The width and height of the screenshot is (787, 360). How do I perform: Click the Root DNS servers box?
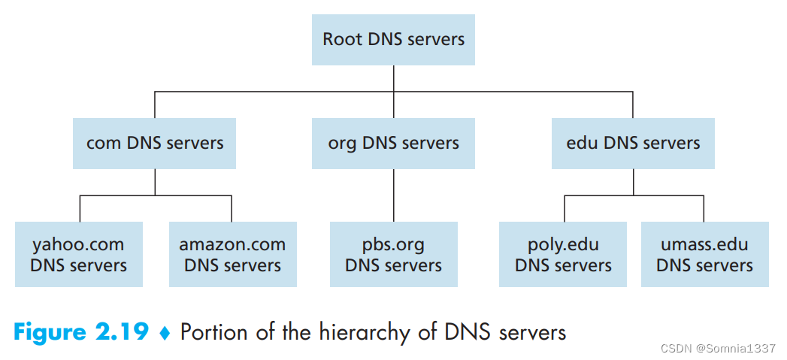(393, 40)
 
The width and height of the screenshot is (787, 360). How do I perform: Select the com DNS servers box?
(155, 144)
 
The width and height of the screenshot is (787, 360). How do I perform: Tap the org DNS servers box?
(393, 144)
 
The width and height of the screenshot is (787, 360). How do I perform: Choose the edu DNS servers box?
(633, 144)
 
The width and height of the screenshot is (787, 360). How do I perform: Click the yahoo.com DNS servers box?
(79, 255)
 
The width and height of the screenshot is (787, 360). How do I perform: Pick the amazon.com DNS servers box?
(233, 255)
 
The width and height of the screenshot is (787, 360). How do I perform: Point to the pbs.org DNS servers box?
(394, 255)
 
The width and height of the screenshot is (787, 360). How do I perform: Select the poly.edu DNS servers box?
(563, 255)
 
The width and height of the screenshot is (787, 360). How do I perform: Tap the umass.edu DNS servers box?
(704, 255)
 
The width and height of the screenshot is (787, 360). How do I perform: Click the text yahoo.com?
(78, 244)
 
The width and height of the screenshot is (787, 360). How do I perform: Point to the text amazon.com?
(232, 245)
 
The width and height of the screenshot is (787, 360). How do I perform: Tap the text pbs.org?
(393, 245)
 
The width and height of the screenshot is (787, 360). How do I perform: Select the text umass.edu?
(704, 244)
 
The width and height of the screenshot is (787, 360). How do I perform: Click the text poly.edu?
(563, 244)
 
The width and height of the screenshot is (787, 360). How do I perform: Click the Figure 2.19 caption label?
(81, 332)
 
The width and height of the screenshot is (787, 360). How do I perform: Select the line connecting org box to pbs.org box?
(394, 195)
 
